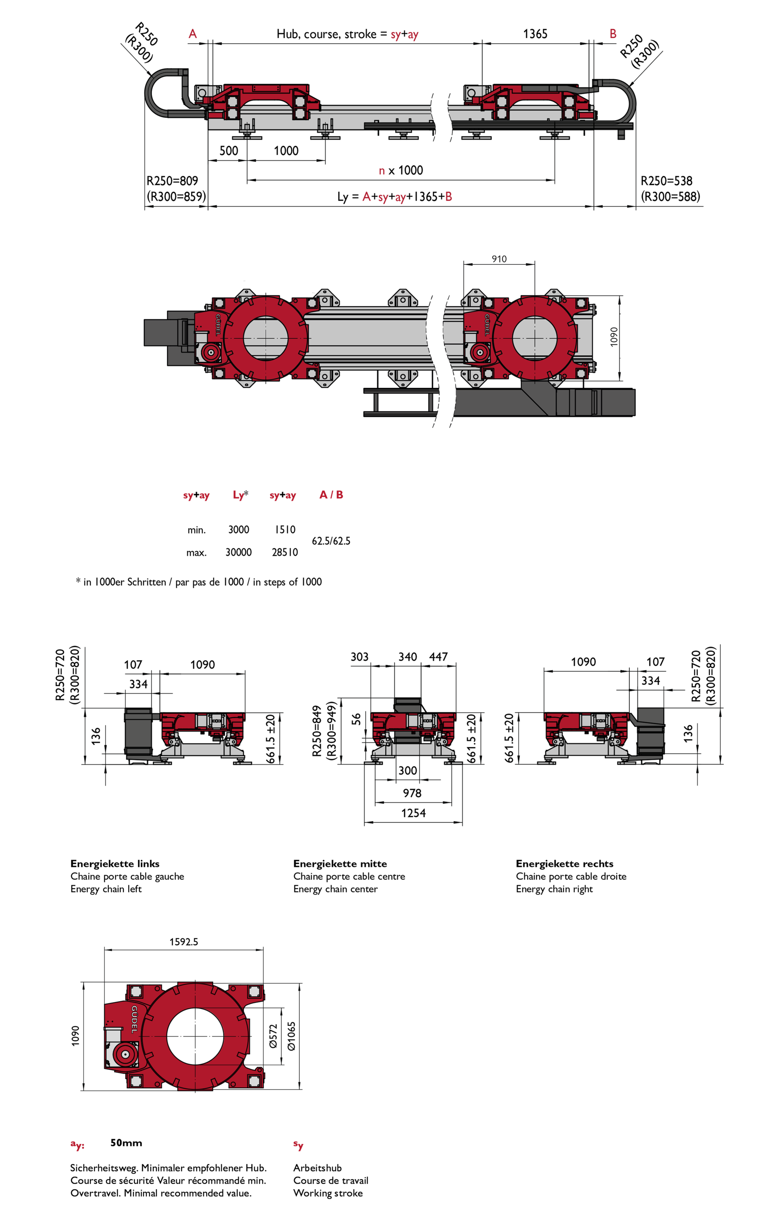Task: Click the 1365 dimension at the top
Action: tap(535, 34)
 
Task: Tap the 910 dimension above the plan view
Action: tap(499, 259)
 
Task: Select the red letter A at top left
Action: tap(193, 34)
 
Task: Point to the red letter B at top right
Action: tap(613, 34)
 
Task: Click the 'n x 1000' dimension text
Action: tap(401, 171)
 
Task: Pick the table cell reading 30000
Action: tap(238, 552)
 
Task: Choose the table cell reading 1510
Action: tap(285, 530)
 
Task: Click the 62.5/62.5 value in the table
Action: tap(331, 541)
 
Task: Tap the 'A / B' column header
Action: tap(331, 495)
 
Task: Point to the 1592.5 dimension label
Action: tap(184, 942)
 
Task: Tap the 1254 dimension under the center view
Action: tap(413, 813)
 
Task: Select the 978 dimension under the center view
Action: tap(412, 793)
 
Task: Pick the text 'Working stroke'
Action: tap(328, 1194)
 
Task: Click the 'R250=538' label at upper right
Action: tap(666, 181)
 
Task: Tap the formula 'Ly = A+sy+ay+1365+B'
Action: tap(395, 197)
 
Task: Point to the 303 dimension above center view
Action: tap(359, 657)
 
